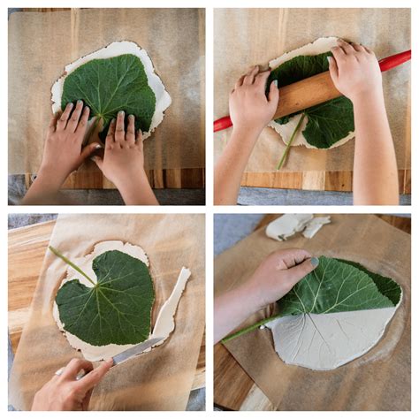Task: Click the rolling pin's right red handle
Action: (x=395, y=61)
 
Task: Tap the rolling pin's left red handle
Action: (x=222, y=124)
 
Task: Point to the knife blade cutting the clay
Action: (x=135, y=351)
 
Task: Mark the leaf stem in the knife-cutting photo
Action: (x=71, y=263)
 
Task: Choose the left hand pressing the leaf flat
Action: (x=66, y=141)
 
